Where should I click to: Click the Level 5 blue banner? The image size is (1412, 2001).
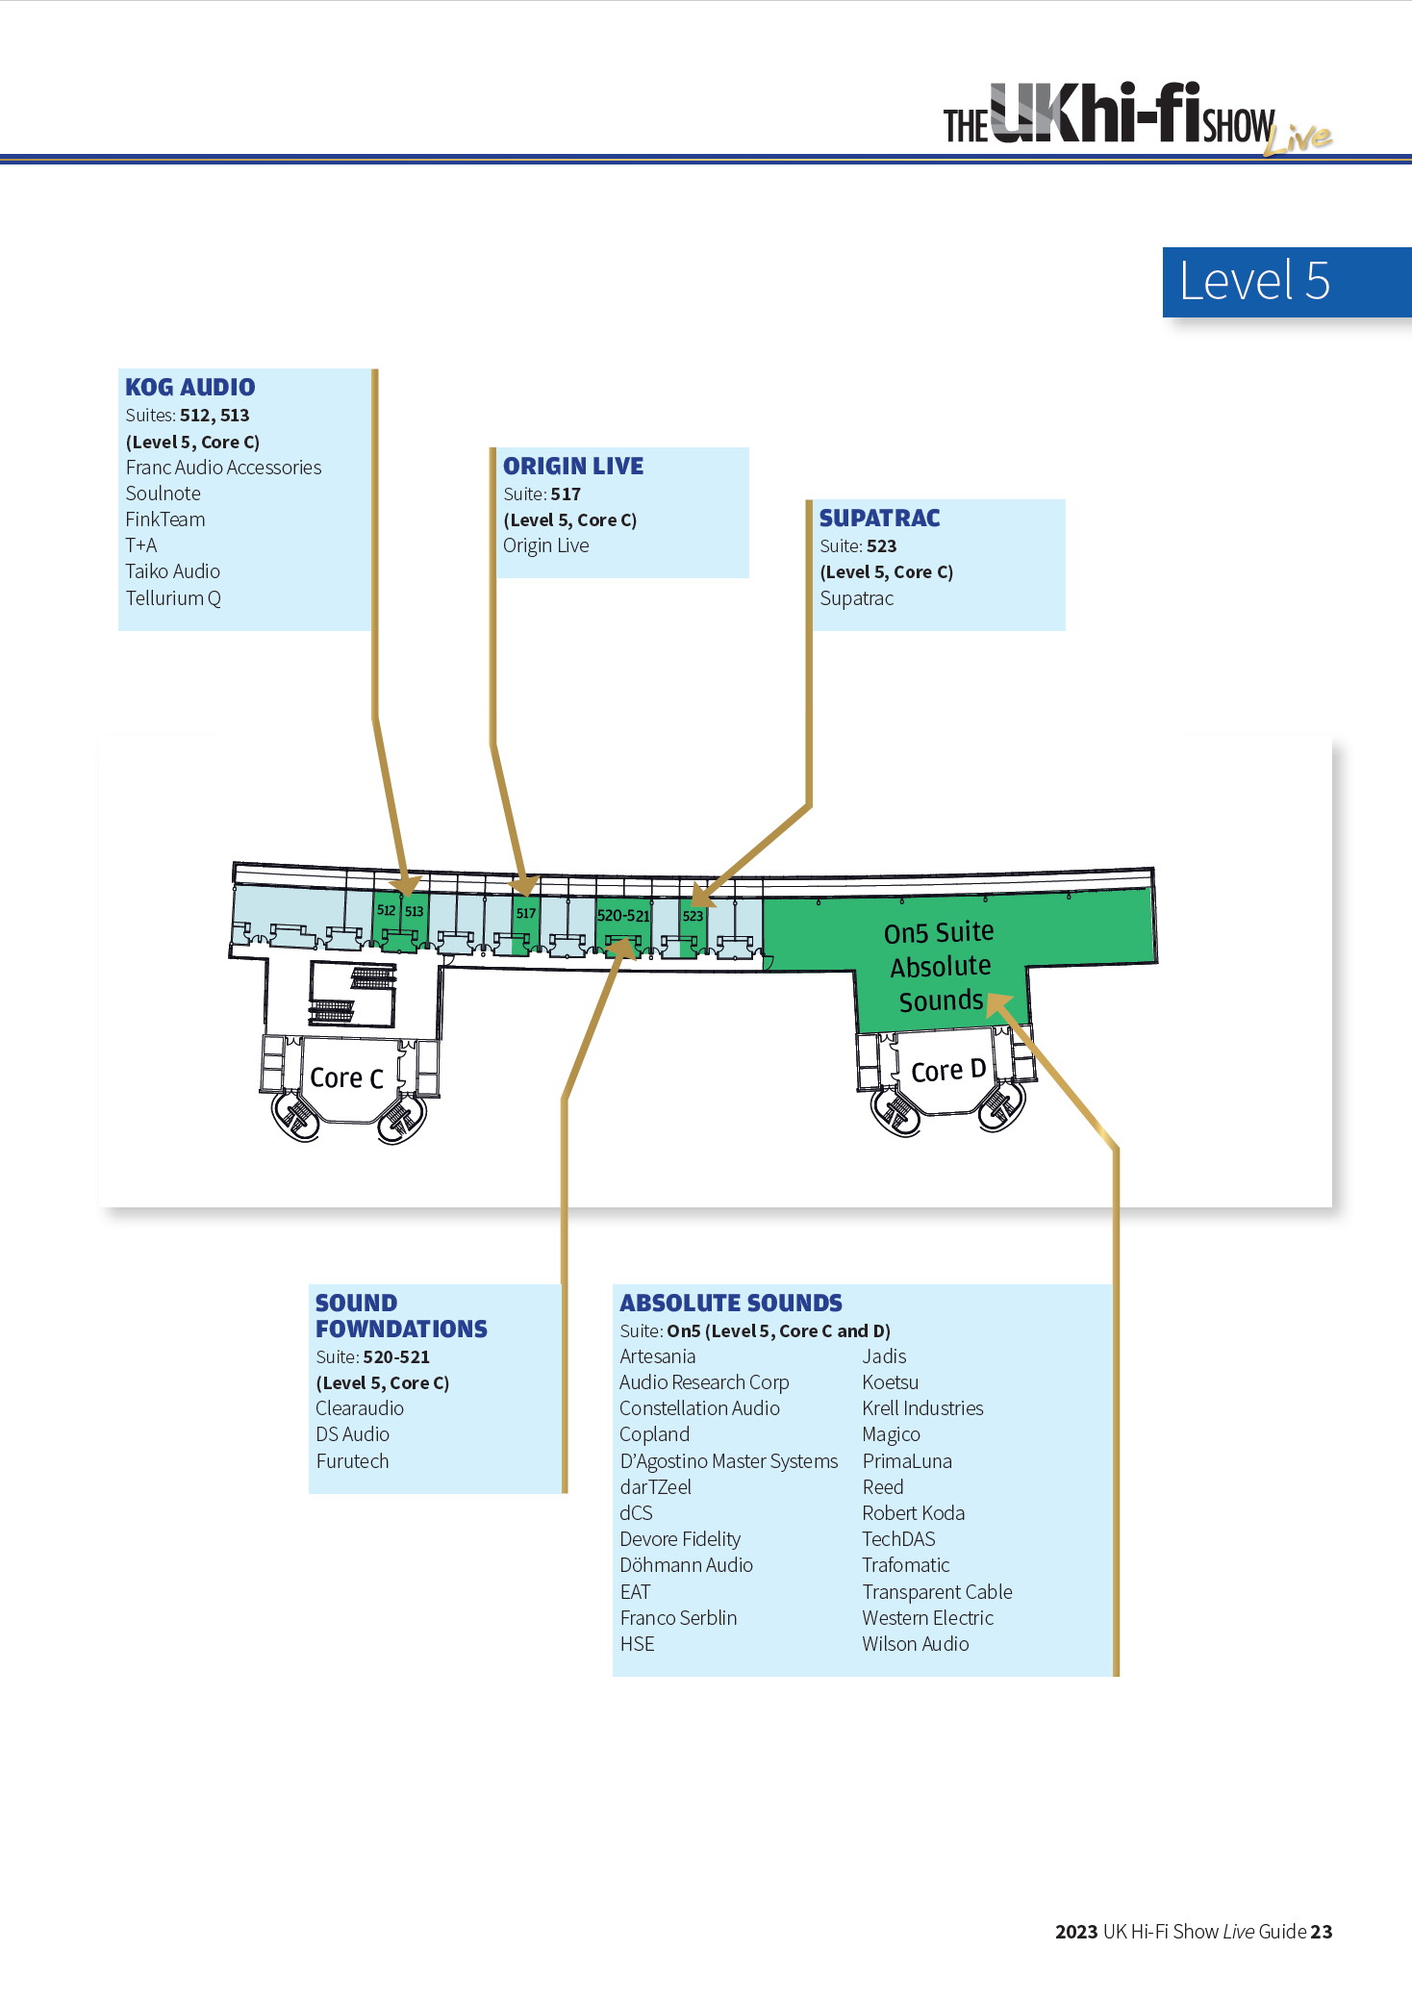tap(1287, 282)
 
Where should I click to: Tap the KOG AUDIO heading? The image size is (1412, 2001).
tap(190, 388)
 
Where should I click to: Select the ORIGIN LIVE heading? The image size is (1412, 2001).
tap(573, 467)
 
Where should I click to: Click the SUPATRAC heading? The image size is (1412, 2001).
tap(879, 519)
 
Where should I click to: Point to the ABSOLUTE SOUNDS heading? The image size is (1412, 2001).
tap(731, 1304)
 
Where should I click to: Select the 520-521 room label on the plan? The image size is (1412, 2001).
tap(623, 916)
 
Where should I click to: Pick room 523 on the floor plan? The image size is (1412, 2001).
tap(693, 916)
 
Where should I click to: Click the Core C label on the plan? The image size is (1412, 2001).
tap(346, 1078)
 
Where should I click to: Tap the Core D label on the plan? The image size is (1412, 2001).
tap(948, 1071)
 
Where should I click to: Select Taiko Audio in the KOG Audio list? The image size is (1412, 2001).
tap(173, 571)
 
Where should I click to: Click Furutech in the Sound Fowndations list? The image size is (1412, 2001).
tap(352, 1461)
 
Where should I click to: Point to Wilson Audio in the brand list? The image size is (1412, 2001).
tap(916, 1644)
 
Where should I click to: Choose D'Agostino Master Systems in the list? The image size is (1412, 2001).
tap(729, 1461)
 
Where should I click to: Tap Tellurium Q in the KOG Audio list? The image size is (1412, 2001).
tap(173, 598)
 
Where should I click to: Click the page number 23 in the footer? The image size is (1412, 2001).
tap(1322, 1932)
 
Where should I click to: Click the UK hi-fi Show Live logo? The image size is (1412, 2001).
tap(1138, 119)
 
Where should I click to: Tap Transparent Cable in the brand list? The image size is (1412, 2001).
tap(937, 1592)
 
